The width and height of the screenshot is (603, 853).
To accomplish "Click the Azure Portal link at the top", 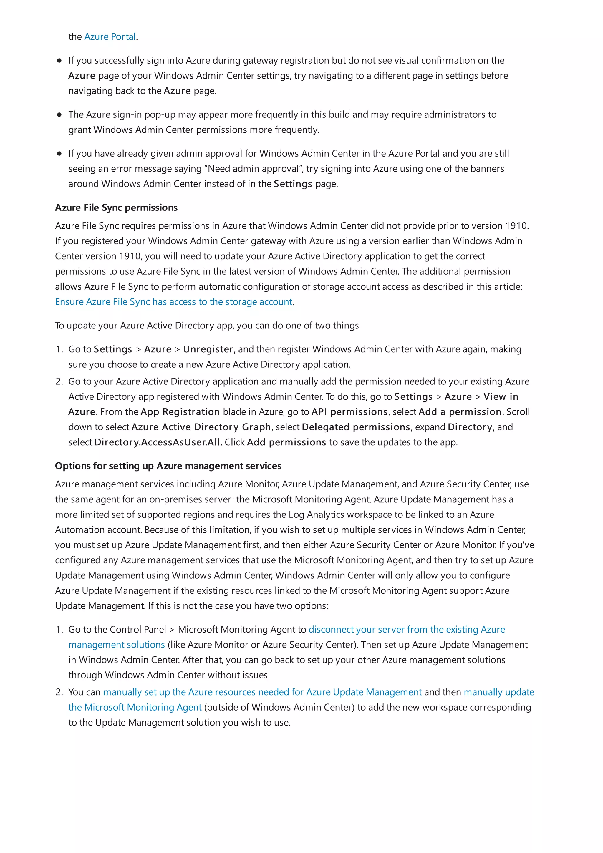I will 110,37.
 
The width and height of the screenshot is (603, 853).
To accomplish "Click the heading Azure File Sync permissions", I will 116,207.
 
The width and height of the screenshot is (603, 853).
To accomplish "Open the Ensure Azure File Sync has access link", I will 173,302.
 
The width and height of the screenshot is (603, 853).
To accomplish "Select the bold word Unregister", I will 208,349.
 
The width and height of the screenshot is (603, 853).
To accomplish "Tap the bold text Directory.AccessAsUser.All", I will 157,442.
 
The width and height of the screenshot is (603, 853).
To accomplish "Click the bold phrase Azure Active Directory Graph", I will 201,427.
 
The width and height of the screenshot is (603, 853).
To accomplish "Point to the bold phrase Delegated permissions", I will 356,427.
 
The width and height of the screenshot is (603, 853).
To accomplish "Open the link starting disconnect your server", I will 406,629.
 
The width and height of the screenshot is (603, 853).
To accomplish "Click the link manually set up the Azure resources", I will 262,692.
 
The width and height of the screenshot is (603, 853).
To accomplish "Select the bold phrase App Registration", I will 180,412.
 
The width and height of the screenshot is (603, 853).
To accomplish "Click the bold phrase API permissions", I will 349,412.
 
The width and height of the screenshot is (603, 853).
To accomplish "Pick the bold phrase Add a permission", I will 460,412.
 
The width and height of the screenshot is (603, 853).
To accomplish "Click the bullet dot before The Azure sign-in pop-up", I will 59,114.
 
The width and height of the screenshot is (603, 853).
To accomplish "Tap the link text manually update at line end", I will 498,692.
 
